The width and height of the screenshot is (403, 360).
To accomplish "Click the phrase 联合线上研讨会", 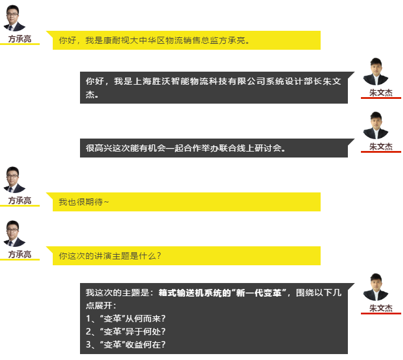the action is (250, 148).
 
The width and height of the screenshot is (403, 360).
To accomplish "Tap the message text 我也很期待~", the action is (84, 202).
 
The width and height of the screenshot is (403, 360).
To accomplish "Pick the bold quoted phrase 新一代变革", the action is (259, 292).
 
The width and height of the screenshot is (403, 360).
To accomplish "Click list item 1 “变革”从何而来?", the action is (126, 319).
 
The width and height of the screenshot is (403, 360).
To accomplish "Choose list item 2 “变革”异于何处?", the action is (126, 332).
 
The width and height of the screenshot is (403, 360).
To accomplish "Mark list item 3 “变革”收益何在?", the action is (126, 345).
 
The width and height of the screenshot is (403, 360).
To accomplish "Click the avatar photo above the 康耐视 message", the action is (14, 18).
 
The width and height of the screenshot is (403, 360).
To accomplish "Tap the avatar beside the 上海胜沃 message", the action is (376, 72).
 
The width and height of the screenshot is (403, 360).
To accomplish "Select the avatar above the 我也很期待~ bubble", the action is (14, 180).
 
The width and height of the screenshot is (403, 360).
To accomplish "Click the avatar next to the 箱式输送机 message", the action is (376, 287).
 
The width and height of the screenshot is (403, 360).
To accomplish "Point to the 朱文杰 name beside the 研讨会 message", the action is (381, 147).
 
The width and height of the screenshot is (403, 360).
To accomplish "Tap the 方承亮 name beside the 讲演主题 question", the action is (20, 254).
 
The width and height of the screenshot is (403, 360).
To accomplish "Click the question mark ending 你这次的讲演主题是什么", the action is (159, 256).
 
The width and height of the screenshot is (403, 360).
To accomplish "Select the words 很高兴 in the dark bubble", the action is (99, 148).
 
